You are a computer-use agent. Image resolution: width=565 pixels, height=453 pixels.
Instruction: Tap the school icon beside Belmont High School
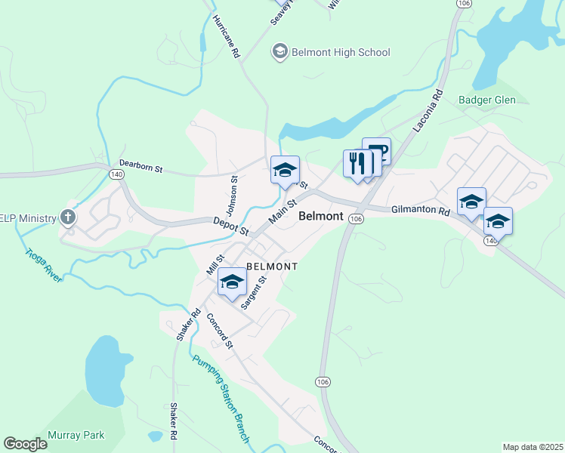[279, 51]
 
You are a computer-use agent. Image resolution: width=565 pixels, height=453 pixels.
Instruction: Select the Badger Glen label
[486, 100]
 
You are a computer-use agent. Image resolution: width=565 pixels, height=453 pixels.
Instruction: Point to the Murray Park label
[76, 435]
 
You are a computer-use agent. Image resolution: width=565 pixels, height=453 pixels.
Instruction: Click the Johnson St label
[233, 192]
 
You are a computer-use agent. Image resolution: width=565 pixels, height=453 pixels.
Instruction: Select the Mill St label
[215, 265]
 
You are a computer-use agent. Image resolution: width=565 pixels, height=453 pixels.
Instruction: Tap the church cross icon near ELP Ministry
[68, 218]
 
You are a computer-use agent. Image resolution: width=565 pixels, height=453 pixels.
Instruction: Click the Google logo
[25, 444]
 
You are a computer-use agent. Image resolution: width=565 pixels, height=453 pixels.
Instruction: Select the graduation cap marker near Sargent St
[232, 282]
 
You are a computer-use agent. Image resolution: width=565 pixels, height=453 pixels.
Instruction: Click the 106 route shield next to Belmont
[357, 218]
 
